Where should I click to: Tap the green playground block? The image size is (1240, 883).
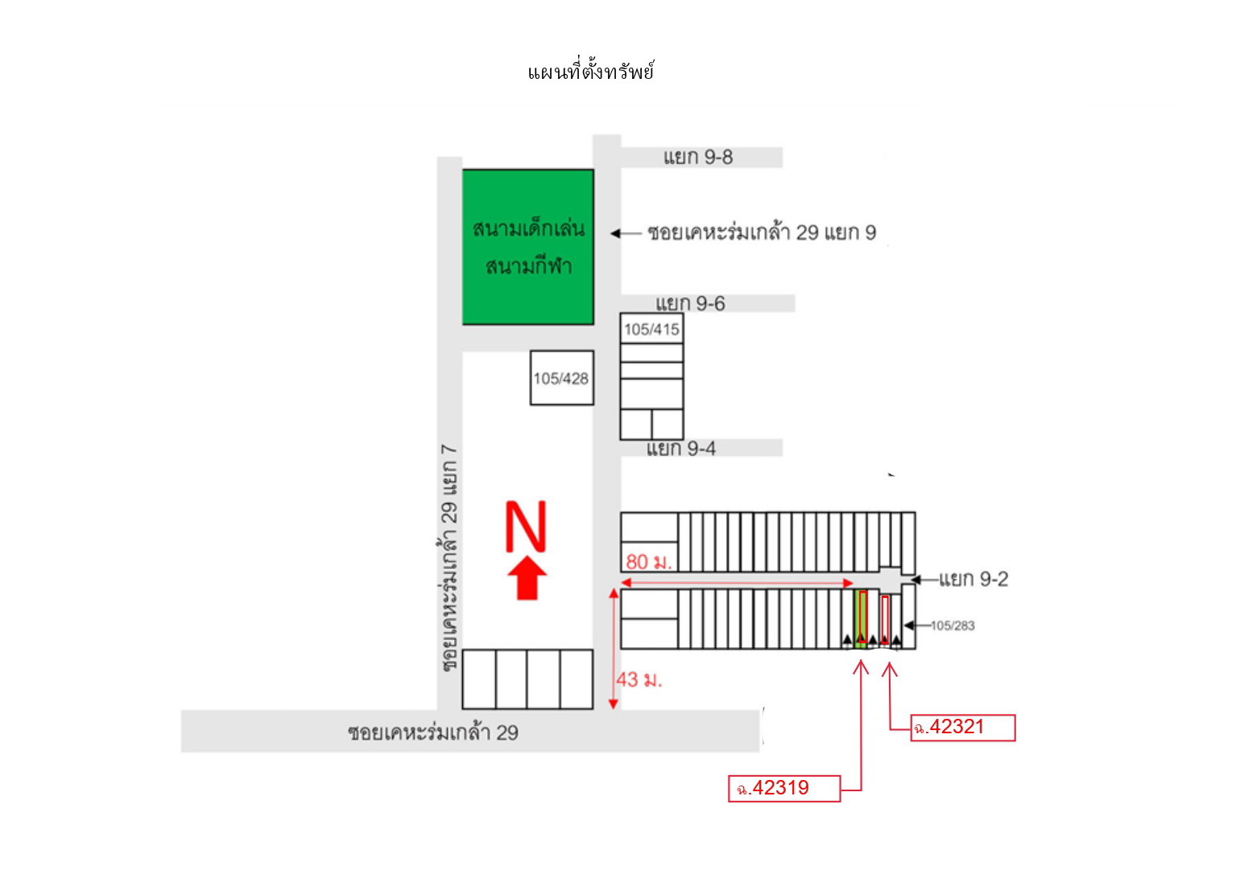click(528, 247)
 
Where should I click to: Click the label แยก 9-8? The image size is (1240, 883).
click(698, 158)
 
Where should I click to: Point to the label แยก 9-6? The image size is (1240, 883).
click(690, 303)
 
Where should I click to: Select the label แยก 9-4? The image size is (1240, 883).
click(681, 448)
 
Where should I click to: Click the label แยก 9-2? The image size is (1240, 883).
click(973, 580)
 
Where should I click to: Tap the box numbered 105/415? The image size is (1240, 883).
click(651, 328)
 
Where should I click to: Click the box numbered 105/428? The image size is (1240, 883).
click(562, 378)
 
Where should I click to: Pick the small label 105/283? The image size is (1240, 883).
click(952, 625)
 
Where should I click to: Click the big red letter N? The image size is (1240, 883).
click(526, 526)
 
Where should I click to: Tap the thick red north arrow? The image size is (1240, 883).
click(527, 579)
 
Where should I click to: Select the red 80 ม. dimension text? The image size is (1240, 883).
click(648, 562)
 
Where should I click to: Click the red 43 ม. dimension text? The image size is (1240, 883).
click(639, 680)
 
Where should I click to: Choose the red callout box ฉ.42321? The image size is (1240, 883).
click(963, 728)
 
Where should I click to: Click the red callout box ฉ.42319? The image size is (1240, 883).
click(784, 788)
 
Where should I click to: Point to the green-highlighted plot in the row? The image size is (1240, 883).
click(860, 619)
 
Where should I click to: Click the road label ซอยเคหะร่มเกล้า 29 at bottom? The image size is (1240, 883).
click(433, 733)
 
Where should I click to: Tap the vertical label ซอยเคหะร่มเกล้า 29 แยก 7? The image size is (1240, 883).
click(449, 559)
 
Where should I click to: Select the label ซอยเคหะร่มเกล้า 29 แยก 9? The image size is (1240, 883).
click(762, 233)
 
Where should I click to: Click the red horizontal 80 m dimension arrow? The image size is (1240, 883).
click(737, 583)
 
